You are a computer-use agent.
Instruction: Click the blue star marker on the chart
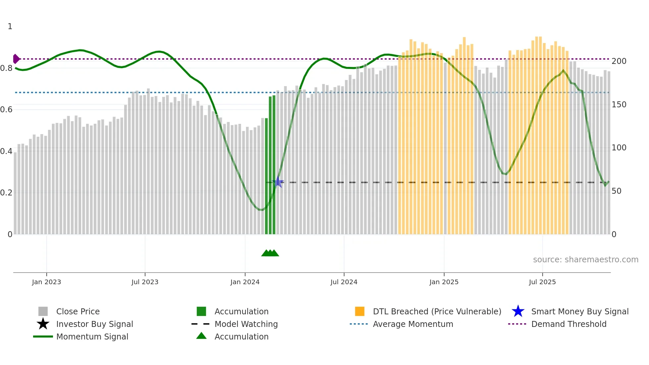[x=278, y=182]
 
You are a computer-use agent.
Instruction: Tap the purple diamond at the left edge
[x=16, y=59]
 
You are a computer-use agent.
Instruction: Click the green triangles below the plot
[x=270, y=253]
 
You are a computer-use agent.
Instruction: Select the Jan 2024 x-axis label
[x=245, y=282]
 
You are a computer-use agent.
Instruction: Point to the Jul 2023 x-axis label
[x=145, y=282]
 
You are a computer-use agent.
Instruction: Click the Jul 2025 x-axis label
[x=542, y=282]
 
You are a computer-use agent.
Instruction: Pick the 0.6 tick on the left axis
[x=7, y=110]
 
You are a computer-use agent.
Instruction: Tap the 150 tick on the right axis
[x=619, y=105]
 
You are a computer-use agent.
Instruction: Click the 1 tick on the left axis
[x=10, y=26]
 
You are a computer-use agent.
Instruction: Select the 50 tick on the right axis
[x=616, y=191]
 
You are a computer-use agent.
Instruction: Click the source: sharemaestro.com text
[x=585, y=260]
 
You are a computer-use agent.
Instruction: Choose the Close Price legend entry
[x=77, y=311]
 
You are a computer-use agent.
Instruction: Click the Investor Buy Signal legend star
[x=43, y=324]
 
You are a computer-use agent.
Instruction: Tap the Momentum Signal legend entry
[x=92, y=337]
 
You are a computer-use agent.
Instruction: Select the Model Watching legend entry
[x=246, y=324]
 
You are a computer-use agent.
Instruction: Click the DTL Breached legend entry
[x=437, y=311]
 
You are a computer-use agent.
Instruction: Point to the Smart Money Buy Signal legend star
[x=518, y=311]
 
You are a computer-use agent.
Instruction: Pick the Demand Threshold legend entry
[x=569, y=324]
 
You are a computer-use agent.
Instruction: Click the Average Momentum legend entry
[x=413, y=324]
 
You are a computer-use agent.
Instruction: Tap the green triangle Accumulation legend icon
[x=201, y=336]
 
